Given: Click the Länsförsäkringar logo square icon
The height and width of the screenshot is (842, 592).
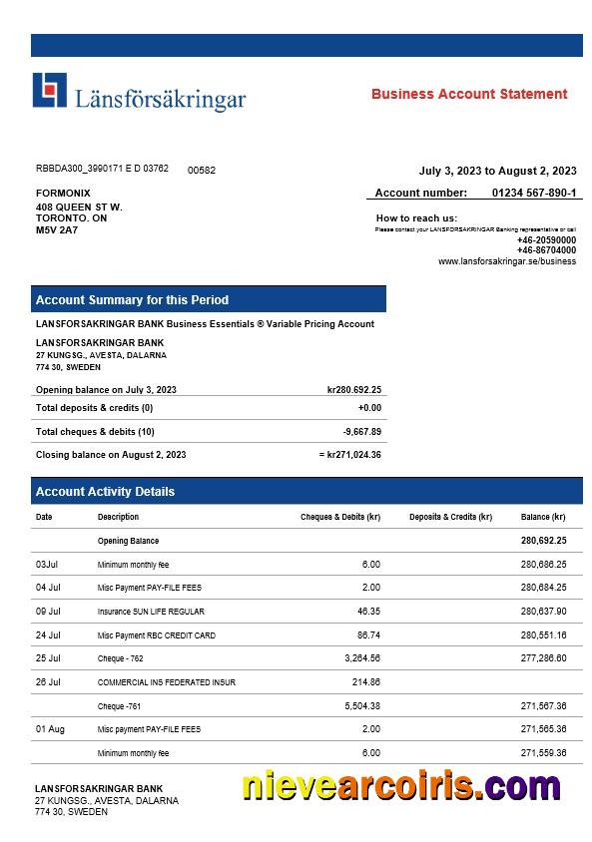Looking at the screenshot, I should pos(50,91).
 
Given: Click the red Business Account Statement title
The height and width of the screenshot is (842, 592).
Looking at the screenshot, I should pos(469,94).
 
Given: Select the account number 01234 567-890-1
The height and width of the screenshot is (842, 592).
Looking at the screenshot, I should pos(534,193).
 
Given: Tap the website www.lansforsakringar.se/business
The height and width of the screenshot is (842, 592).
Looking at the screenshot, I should pos(506,261).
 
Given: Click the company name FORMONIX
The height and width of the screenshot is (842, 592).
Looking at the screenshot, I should pos(63,193).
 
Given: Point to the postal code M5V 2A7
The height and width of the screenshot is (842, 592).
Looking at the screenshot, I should pos(57,229).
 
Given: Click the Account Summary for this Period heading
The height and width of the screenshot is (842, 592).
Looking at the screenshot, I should pos(132,299).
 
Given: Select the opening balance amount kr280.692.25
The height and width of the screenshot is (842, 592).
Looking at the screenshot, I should pos(353,390).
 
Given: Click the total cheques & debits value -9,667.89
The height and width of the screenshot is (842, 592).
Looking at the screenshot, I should pos(361,432).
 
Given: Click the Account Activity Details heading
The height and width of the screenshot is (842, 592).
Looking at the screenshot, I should pos(105,491).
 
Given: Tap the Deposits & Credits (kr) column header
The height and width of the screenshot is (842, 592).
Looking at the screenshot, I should pos(450,517).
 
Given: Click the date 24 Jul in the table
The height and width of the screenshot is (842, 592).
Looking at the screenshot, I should pos(48,634).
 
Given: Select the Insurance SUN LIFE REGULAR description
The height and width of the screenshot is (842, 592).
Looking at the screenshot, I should pos(151,612).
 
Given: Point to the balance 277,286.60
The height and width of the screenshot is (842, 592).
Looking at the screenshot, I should pos(543,658).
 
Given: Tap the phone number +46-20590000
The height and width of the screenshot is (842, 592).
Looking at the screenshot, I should pos(546,239).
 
